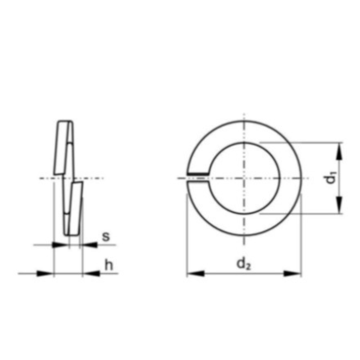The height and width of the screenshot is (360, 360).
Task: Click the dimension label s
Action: click(x=106, y=237)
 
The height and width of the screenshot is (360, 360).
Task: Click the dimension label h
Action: click(x=109, y=265)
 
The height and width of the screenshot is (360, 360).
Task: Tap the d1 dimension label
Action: click(x=331, y=178)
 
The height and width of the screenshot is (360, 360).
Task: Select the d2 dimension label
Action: click(x=244, y=264)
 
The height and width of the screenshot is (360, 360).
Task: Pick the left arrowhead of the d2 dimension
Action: click(x=196, y=274)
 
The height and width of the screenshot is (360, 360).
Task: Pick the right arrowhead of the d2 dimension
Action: click(x=292, y=274)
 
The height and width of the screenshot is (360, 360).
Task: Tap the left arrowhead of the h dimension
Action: click(x=45, y=274)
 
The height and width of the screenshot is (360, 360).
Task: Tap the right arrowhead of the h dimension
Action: click(x=91, y=274)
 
